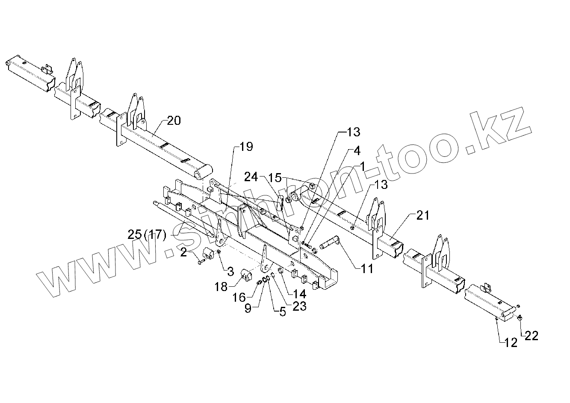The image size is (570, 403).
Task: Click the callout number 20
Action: (x=174, y=121)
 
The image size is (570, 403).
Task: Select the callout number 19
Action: (x=246, y=147)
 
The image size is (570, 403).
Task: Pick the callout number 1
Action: (x=362, y=166)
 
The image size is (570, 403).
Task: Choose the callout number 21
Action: (x=422, y=215)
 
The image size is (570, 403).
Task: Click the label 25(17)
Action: (x=147, y=235)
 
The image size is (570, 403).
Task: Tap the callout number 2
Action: (x=183, y=253)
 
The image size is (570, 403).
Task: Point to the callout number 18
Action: (x=221, y=286)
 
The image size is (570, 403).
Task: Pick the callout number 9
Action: (x=248, y=308)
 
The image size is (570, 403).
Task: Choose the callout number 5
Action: (x=282, y=312)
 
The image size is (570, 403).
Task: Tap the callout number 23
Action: (x=300, y=306)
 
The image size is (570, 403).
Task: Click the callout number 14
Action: (x=300, y=294)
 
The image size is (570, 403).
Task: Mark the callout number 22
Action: (x=531, y=336)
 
